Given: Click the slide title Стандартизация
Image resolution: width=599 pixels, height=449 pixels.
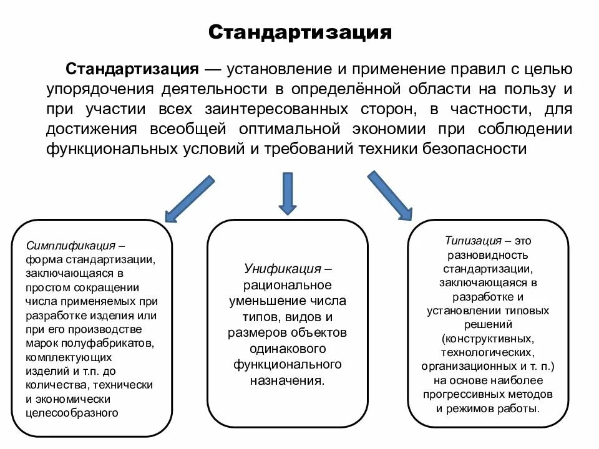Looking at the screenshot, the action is click(x=299, y=32).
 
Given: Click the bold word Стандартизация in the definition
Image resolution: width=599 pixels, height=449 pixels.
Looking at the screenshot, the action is click(x=133, y=68).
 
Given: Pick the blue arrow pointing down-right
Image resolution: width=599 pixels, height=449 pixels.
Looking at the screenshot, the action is click(x=390, y=195).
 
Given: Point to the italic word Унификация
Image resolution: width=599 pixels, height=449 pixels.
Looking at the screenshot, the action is click(x=282, y=269).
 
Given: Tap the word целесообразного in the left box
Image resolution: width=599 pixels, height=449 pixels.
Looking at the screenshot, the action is click(x=72, y=413).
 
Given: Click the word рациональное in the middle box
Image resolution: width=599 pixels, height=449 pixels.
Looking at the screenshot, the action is click(x=288, y=285).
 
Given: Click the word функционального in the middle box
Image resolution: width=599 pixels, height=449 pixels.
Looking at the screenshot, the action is click(x=288, y=364).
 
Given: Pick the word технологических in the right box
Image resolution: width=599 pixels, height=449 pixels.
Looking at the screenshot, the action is click(x=488, y=352).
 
